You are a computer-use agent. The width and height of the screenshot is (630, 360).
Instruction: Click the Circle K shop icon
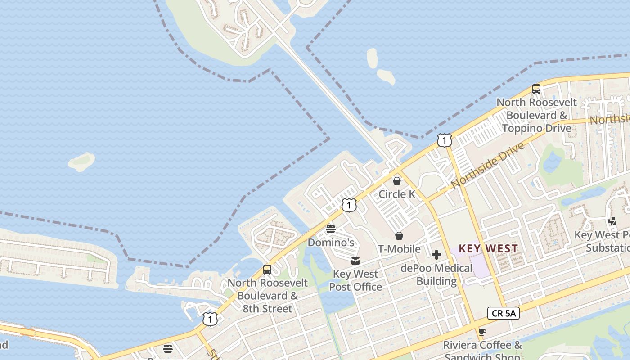pyautogui.click(x=397, y=181)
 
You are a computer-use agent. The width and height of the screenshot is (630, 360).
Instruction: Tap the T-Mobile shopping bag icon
pyautogui.click(x=399, y=236)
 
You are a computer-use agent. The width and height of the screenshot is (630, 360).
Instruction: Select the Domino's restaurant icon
pyautogui.click(x=331, y=229)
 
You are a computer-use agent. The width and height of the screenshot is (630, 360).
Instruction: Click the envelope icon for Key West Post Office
pyautogui.click(x=355, y=261)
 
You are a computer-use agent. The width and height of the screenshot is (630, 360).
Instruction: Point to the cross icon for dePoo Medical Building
pyautogui.click(x=436, y=255)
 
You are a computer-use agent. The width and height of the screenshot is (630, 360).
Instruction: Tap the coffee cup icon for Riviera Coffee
pyautogui.click(x=482, y=332)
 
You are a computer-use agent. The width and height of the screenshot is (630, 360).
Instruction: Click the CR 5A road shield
pyautogui.click(x=504, y=313)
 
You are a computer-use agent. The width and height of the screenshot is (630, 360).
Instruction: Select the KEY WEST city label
pyautogui.click(x=488, y=248)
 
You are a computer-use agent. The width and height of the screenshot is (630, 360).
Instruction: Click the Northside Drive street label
pyautogui.click(x=488, y=166)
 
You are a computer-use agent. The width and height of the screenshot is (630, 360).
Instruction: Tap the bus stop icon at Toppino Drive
pyautogui.click(x=536, y=89)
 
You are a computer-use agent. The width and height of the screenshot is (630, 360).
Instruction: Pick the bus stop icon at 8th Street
pyautogui.click(x=267, y=270)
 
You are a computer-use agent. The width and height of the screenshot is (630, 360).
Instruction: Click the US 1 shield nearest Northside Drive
pyautogui.click(x=444, y=141)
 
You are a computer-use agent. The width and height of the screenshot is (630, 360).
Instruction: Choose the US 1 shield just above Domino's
pyautogui.click(x=349, y=205)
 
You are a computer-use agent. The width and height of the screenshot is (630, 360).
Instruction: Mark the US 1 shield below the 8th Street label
pyautogui.click(x=210, y=319)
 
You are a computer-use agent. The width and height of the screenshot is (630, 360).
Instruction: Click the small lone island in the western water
pyautogui.click(x=81, y=162)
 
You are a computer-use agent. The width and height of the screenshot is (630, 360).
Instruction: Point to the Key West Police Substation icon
pyautogui.click(x=612, y=221)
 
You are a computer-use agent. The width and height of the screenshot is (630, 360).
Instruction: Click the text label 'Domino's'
pyautogui.click(x=331, y=243)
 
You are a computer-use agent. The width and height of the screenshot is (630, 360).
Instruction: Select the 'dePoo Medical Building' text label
pyautogui.click(x=436, y=275)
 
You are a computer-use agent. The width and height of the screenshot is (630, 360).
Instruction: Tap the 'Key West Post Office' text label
pyautogui.click(x=355, y=280)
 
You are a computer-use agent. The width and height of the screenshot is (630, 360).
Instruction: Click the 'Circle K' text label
pyautogui.click(x=397, y=194)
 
